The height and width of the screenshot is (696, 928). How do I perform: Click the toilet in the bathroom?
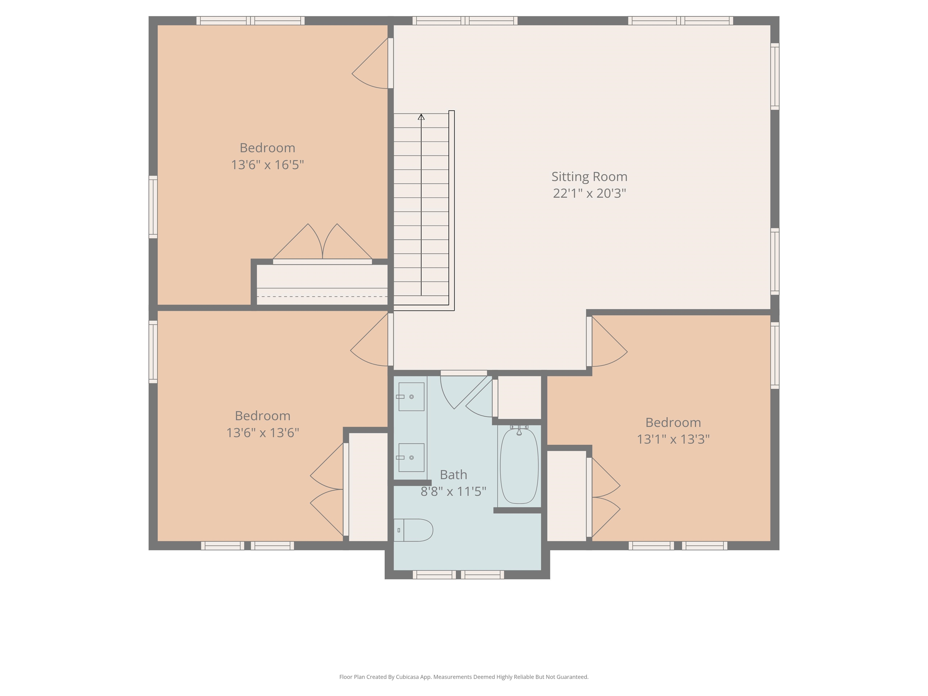point(413,530)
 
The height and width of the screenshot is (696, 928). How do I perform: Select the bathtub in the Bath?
point(519,466)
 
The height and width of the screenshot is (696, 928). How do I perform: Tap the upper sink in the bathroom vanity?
point(411,396)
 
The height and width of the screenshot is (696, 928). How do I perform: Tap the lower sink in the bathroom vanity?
point(411,457)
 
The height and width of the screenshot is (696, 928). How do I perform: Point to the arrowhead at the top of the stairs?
point(421,117)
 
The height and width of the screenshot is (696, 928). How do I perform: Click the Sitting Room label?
point(589,177)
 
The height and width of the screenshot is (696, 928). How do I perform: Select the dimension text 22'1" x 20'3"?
point(589,193)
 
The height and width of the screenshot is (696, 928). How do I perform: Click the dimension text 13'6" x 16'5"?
point(267,164)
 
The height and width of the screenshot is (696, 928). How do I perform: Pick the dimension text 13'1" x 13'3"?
point(673,439)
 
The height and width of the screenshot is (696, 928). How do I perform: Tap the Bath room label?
point(453,475)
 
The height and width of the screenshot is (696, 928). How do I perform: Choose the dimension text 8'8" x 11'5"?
point(453,491)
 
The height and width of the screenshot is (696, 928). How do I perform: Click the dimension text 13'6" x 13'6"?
point(263,433)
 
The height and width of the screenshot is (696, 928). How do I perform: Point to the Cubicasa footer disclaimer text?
point(464,677)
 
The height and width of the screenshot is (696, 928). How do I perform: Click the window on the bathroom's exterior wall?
point(458,575)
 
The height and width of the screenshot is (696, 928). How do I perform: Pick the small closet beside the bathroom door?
point(519,397)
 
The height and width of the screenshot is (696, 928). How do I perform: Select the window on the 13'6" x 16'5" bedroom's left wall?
point(153,207)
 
